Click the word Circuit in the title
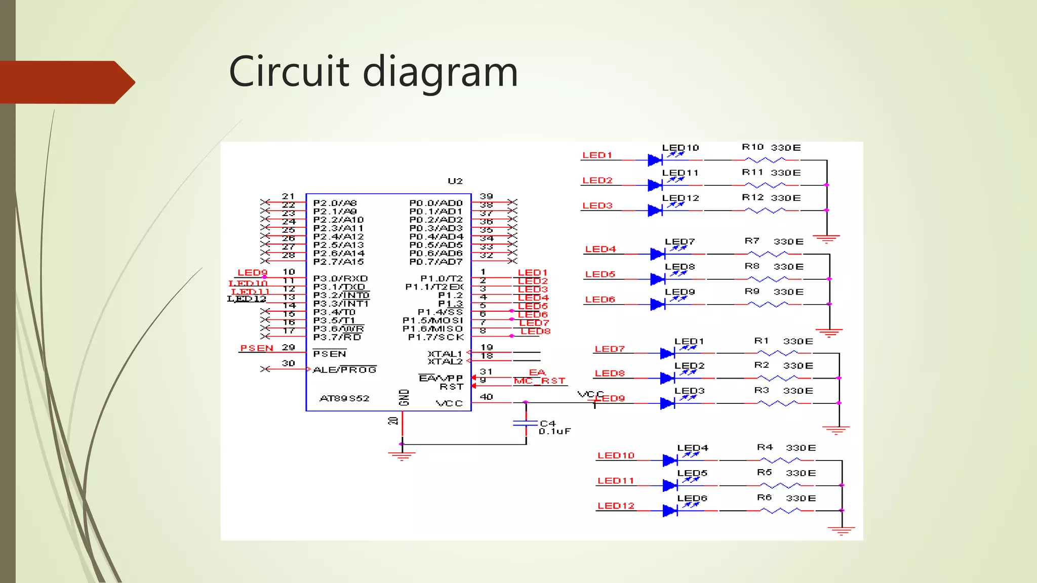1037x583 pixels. tap(289, 71)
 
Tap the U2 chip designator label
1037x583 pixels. tap(455, 181)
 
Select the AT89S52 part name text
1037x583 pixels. tap(344, 398)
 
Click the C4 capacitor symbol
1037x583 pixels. tap(526, 423)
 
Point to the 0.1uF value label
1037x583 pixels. tap(554, 432)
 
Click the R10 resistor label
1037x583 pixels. tap(752, 147)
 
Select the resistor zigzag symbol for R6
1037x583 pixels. tap(780, 511)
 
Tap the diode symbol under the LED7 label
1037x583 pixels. tap(657, 254)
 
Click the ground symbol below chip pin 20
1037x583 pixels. tap(402, 456)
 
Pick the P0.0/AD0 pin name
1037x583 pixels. tap(435, 203)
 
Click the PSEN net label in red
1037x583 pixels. tap(256, 348)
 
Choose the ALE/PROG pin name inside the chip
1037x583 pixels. tap(344, 370)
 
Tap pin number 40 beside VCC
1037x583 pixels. tap(486, 397)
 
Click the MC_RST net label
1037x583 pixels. tap(539, 381)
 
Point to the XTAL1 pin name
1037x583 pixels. tap(445, 354)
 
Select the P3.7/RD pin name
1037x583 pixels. tap(337, 337)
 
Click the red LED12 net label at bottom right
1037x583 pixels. tap(616, 506)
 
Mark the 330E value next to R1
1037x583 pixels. tap(798, 342)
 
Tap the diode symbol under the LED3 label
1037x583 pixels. tap(667, 403)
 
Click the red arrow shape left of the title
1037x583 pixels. tap(66, 82)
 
